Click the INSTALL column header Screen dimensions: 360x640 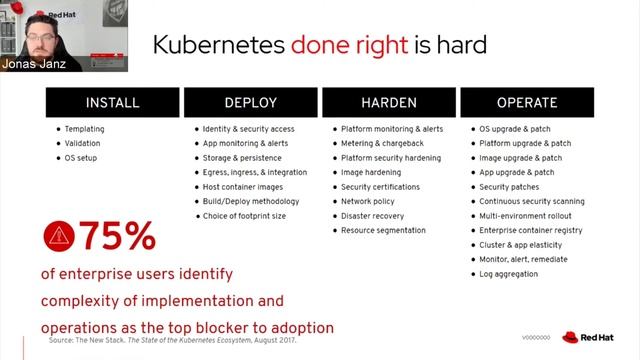click(x=113, y=102)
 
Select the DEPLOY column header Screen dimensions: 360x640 click(x=250, y=102)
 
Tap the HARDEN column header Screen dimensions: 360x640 click(x=388, y=102)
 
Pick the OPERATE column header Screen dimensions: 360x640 click(x=526, y=102)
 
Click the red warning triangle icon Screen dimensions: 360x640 click(x=58, y=236)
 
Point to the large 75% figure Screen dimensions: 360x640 click(x=117, y=237)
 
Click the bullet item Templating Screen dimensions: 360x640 click(x=84, y=129)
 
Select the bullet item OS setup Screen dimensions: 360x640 click(x=81, y=158)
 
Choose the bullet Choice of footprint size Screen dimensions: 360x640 click(x=244, y=216)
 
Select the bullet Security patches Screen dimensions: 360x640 click(x=509, y=187)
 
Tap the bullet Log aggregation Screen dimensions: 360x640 click(x=509, y=274)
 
